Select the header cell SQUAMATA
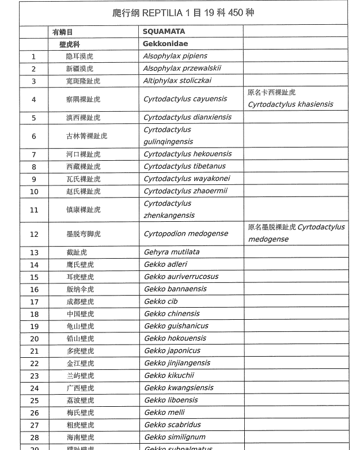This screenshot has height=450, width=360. pos(164,32)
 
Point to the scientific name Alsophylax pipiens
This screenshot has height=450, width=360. pos(175,56)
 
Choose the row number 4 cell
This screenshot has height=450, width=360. pos(34,99)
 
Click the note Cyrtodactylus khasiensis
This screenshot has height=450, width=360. pos(290,104)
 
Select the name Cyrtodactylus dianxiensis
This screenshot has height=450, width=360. pos(187,117)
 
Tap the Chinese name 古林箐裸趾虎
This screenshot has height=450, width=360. pos(86,136)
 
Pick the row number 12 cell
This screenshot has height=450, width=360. pos(34,234)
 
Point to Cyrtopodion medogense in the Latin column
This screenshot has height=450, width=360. pos(185,233)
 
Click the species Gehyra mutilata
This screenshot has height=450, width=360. pos(172,252)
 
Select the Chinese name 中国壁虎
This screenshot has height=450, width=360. pos(80,314)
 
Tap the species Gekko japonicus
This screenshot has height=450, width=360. pos(172,350)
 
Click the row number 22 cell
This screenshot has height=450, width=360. pos(34,364)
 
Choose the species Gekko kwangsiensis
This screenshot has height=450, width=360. pos(179,388)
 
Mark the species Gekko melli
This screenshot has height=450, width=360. pos(164,413)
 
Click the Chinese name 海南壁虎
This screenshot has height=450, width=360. pos(80,437)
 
